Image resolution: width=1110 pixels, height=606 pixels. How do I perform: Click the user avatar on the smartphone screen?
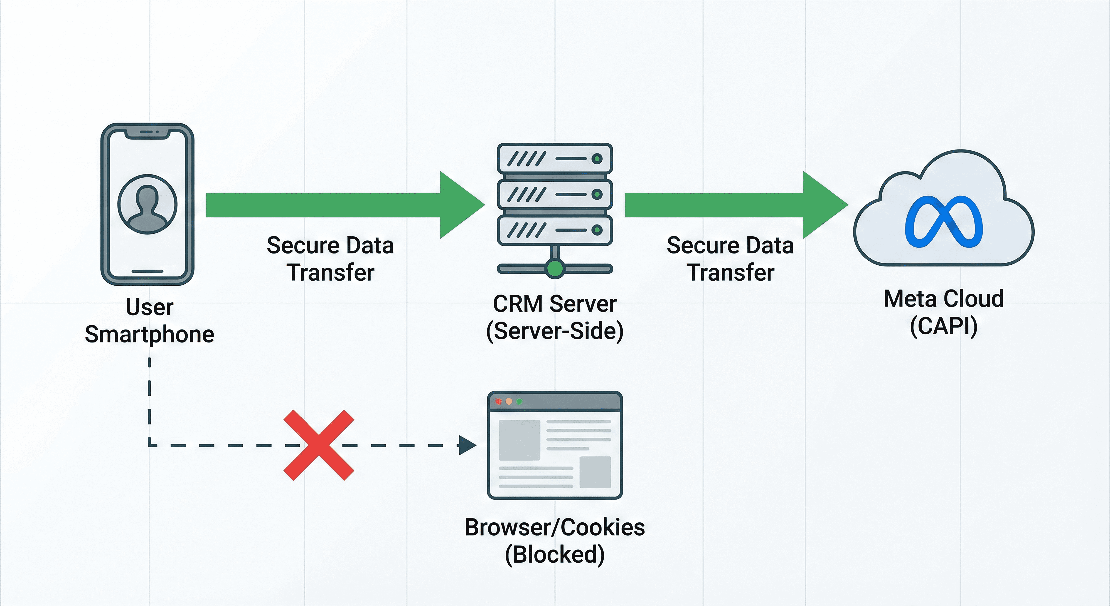tap(147, 204)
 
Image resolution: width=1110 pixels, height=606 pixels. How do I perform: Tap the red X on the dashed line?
tap(319, 445)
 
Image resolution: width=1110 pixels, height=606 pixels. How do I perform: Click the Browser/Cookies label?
tap(555, 527)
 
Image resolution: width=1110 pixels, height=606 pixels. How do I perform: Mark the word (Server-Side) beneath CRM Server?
tap(555, 331)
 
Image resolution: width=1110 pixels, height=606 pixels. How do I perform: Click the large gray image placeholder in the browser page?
tap(519, 440)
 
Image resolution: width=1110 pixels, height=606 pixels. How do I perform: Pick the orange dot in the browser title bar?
tap(509, 402)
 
